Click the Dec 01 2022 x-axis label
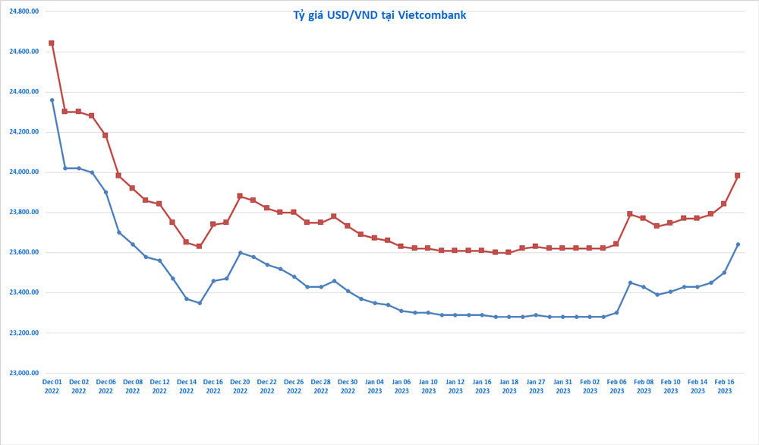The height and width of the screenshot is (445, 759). pyautogui.click(x=52, y=386)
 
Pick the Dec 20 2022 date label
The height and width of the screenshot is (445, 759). pyautogui.click(x=240, y=386)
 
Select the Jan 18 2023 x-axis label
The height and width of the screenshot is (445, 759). pyautogui.click(x=509, y=386)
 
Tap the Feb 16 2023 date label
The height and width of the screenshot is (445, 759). pyautogui.click(x=724, y=386)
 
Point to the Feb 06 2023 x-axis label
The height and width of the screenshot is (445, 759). pyautogui.click(x=616, y=386)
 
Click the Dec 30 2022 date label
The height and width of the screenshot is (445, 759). pyautogui.click(x=348, y=386)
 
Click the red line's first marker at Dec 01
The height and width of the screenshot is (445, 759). pyautogui.click(x=52, y=43)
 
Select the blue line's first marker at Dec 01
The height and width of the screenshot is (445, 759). pyautogui.click(x=52, y=100)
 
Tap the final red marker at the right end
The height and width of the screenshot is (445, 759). pyautogui.click(x=738, y=175)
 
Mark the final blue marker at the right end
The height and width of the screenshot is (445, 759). pyautogui.click(x=738, y=245)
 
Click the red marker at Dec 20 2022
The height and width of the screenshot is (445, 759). pyautogui.click(x=240, y=196)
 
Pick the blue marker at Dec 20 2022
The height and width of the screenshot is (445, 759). pyautogui.click(x=240, y=253)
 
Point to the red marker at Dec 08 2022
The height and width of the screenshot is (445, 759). pyautogui.click(x=132, y=188)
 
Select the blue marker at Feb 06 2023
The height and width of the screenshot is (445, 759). pyautogui.click(x=616, y=313)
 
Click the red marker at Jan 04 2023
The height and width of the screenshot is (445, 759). pyautogui.click(x=374, y=238)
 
